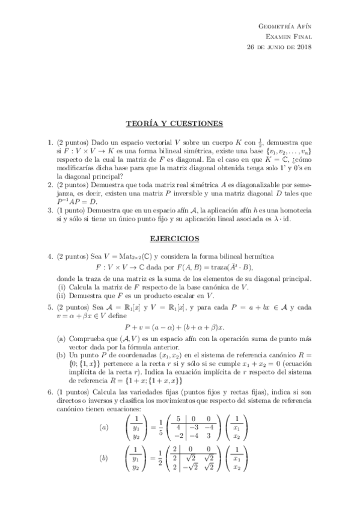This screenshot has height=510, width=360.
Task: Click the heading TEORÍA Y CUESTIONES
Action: (x=174, y=124)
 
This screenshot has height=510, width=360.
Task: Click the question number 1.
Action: (x=50, y=143)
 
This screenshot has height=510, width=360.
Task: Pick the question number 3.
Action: (x=50, y=211)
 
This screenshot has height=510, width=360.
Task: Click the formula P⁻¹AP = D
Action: (x=77, y=201)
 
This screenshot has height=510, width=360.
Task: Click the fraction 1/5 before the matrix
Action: (x=157, y=428)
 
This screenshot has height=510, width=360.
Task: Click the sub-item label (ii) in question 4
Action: (x=61, y=296)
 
